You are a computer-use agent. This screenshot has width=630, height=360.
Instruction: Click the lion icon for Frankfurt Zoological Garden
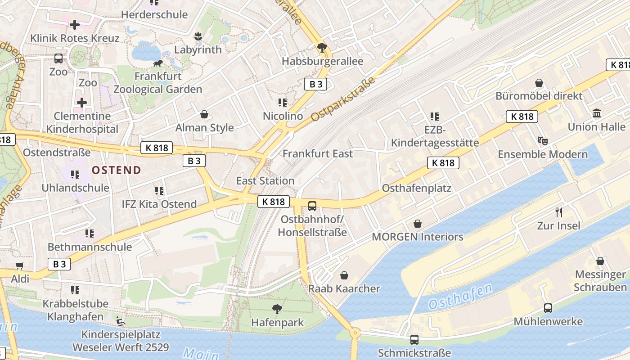click(157, 63)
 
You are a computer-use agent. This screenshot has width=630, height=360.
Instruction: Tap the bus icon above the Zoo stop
click(58, 58)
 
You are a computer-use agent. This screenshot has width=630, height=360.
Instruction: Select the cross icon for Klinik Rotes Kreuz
click(74, 25)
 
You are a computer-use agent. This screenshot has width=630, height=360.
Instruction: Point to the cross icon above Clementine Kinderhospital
click(81, 103)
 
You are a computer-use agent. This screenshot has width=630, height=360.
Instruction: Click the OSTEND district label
click(117, 170)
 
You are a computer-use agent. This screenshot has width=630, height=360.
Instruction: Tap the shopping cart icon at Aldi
click(19, 265)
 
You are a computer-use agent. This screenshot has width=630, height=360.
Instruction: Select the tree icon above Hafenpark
click(277, 309)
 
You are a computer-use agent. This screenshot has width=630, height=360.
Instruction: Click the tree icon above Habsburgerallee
click(322, 47)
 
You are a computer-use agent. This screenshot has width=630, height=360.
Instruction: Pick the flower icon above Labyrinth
click(198, 36)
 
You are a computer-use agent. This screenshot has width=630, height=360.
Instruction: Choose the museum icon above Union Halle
click(597, 113)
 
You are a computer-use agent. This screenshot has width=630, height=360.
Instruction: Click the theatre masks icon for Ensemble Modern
click(543, 141)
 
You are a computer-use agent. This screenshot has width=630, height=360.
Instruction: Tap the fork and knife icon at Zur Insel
click(559, 212)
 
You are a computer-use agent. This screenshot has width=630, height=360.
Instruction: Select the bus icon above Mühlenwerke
click(548, 308)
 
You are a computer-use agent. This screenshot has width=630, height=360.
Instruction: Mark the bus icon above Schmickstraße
click(414, 339)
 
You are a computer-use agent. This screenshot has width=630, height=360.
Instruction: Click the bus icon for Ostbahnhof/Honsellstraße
click(312, 207)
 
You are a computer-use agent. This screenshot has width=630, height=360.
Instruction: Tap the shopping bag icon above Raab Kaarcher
click(344, 275)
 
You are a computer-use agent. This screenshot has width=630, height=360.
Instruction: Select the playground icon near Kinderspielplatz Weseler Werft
click(120, 321)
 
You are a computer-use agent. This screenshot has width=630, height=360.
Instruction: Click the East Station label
click(265, 181)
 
